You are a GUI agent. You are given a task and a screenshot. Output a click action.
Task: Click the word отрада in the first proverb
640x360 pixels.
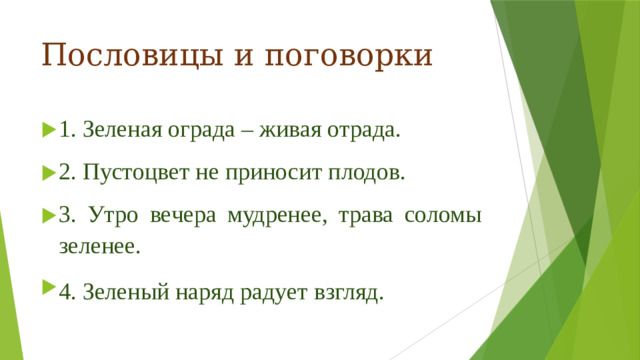361,130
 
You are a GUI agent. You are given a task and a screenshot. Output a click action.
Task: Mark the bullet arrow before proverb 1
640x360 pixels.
48,130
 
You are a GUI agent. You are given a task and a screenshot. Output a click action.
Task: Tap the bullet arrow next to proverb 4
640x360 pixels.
48,291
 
